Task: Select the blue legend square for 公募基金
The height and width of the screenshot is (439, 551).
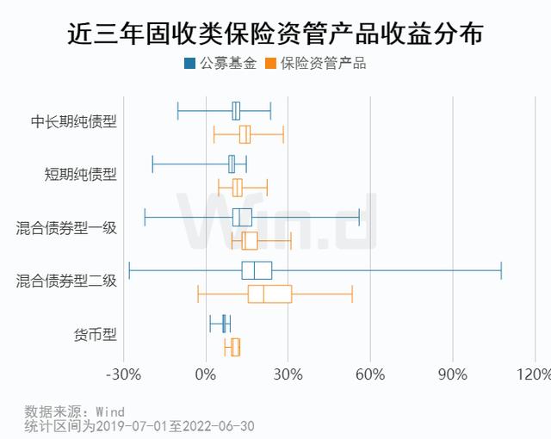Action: point(189,64)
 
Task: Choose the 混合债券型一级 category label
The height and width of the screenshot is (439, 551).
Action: point(66,228)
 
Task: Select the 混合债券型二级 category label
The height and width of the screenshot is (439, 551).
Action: point(66,281)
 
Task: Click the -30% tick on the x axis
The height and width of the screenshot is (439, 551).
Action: point(123,374)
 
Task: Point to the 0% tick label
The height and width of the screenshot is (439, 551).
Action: point(206,374)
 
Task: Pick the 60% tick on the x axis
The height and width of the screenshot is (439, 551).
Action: point(369,374)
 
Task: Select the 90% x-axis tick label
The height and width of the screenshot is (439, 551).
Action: point(452,374)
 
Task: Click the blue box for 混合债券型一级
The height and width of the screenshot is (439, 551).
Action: point(242,217)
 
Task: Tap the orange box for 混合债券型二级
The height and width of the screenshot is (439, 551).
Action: point(269,294)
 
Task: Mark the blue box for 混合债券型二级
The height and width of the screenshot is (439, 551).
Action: point(257,270)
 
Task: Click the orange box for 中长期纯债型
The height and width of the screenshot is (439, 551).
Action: point(245,134)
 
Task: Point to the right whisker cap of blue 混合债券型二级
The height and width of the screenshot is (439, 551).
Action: point(501,270)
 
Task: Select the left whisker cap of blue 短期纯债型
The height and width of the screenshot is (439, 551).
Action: point(152,164)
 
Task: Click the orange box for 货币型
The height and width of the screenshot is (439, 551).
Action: point(235,347)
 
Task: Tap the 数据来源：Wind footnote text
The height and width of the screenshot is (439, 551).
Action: point(75,411)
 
